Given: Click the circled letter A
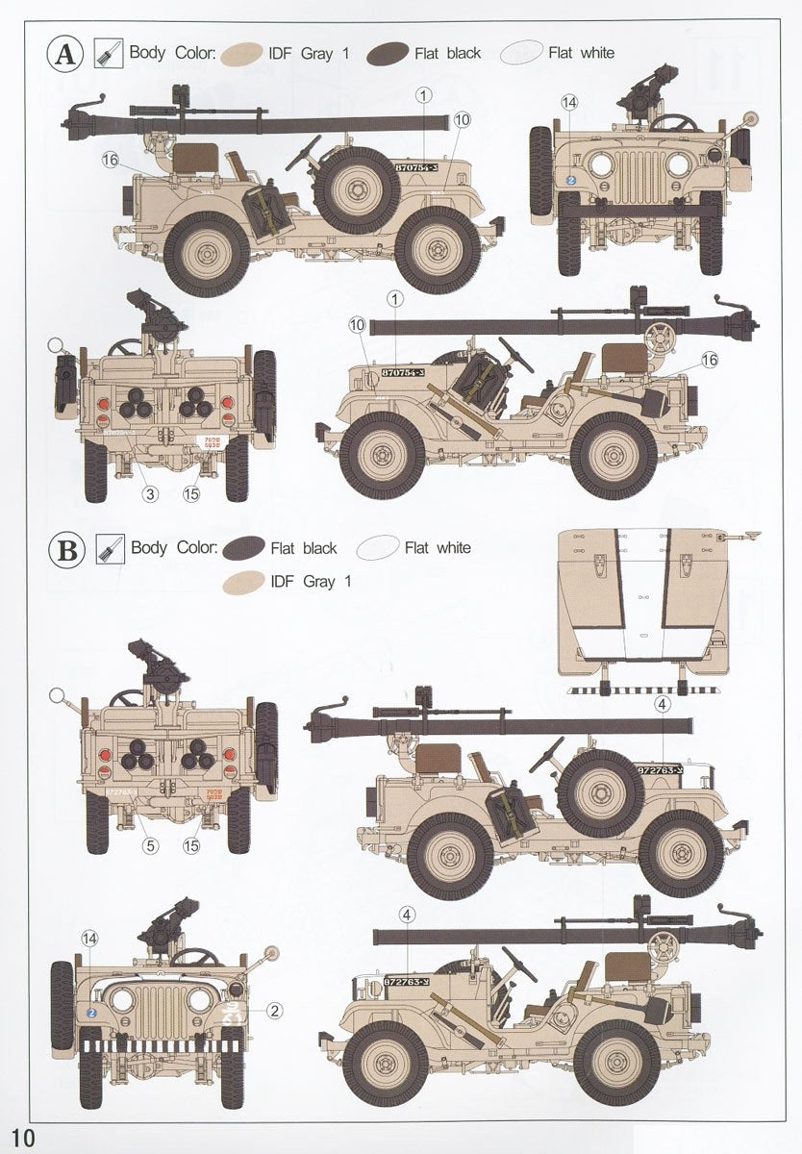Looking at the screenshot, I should tap(65, 54).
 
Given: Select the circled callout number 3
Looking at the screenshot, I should tap(150, 494).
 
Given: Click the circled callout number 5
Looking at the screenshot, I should tap(150, 846).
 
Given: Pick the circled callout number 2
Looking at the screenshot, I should tap(274, 1010).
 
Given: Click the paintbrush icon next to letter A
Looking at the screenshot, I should tap(107, 53).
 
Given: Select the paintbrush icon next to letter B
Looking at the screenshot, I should tap(107, 550).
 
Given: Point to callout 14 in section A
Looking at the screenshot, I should tap(570, 102).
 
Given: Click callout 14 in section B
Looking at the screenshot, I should tap(90, 939).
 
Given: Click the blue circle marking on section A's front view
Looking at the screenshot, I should tap(571, 179).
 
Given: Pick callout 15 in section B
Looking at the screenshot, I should tap(191, 846).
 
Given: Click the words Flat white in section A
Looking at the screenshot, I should tap(581, 53).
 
